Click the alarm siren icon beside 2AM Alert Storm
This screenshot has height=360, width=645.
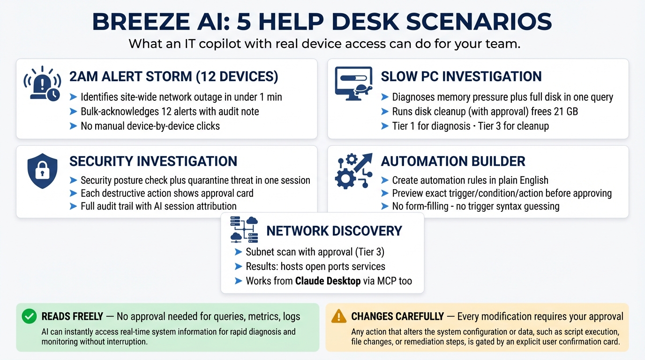(42, 83)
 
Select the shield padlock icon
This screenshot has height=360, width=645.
(42, 170)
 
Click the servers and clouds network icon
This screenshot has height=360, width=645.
(244, 229)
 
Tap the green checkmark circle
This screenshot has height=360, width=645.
(29, 317)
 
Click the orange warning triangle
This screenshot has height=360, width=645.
(338, 316)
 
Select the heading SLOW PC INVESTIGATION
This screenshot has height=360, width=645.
(461, 76)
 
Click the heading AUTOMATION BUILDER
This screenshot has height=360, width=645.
(453, 161)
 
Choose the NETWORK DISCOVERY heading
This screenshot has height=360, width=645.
(334, 231)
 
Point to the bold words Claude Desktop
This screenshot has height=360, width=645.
(328, 281)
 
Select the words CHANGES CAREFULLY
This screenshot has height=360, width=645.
(397, 317)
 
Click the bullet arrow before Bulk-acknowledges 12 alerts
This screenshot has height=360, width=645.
(73, 112)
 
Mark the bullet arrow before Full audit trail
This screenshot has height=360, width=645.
(73, 206)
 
